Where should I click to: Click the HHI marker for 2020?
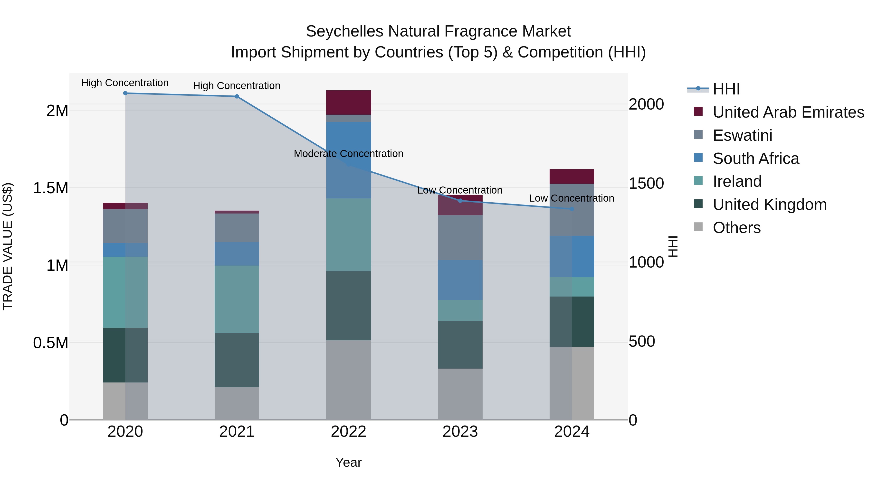[x=125, y=93]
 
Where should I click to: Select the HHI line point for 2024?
[x=572, y=209]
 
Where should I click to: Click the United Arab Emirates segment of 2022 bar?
[x=348, y=103]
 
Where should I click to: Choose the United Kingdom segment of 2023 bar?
[x=460, y=345]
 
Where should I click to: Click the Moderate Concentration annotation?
[x=348, y=154]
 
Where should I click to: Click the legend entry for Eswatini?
[x=742, y=135]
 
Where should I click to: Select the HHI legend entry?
[x=726, y=89]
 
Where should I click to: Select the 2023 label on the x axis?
[x=460, y=432]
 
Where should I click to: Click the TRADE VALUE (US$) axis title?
[x=8, y=246]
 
